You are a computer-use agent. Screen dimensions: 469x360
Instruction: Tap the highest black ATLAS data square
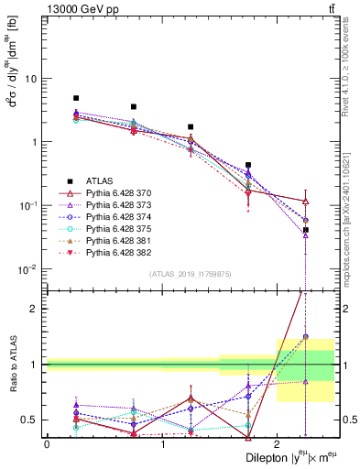pos(76,98)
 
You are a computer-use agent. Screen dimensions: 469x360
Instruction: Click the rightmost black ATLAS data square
pos(306,230)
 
